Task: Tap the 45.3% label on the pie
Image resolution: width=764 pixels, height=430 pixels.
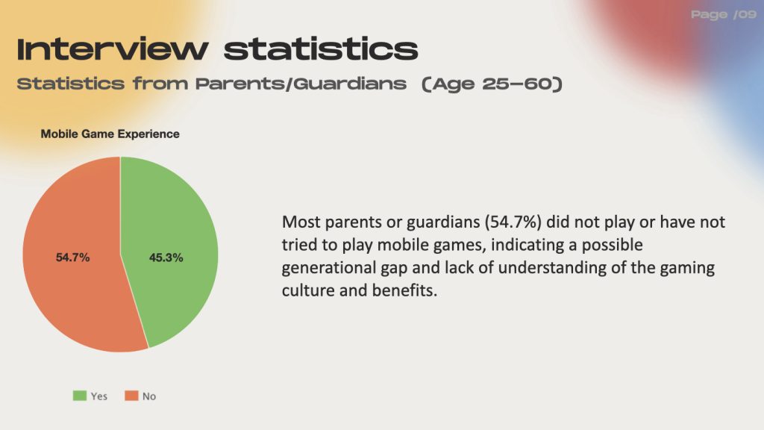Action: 166,258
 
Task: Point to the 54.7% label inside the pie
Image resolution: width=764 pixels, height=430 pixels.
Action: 72,258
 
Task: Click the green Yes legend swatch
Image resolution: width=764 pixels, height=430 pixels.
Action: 79,396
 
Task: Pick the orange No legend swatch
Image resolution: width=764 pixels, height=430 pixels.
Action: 131,396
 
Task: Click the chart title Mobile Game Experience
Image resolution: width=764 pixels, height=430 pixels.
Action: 110,134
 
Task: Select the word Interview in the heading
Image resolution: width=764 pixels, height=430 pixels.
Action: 113,49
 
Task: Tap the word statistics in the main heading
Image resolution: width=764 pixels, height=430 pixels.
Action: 321,49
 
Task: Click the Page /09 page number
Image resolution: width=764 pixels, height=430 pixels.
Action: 724,15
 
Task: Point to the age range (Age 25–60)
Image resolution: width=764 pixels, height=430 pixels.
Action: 492,84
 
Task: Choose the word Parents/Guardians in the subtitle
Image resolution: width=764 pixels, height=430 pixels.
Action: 301,84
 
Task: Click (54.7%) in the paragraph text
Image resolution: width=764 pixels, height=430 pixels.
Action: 513,222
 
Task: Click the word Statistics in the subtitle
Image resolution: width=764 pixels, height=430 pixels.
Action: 71,84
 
